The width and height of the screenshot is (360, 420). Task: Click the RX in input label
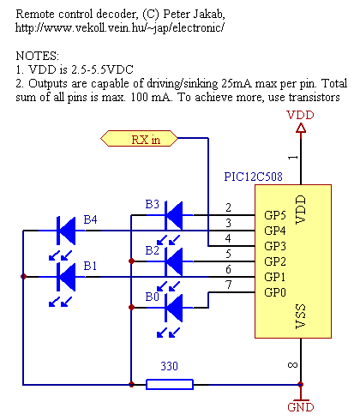(139, 139)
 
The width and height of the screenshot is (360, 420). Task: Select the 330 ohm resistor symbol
(170, 384)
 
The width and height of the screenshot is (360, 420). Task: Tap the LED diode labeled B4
(66, 231)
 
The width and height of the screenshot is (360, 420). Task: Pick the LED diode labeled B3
(174, 215)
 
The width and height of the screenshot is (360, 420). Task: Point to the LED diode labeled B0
(174, 308)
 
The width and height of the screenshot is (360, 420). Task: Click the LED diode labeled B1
(66, 277)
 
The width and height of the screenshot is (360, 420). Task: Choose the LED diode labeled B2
(174, 261)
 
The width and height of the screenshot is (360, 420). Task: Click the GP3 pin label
(275, 246)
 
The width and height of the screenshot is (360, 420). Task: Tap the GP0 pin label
(275, 292)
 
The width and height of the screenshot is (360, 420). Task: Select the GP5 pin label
(275, 215)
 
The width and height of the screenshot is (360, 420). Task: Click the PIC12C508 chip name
(253, 177)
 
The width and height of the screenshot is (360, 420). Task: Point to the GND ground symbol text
(301, 407)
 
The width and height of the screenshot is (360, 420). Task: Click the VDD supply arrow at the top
(301, 128)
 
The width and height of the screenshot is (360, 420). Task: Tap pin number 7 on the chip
(228, 285)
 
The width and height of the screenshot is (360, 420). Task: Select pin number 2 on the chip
(228, 207)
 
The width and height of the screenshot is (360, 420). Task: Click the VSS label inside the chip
(301, 316)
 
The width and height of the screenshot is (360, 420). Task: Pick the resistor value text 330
(169, 366)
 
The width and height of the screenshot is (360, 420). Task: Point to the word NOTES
(37, 56)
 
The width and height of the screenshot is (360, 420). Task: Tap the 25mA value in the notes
(237, 83)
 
